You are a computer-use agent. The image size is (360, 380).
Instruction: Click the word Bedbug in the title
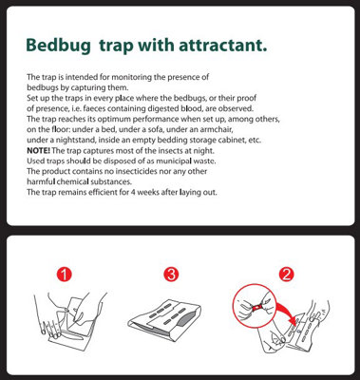(58, 46)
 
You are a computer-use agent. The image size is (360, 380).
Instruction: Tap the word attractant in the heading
(223, 46)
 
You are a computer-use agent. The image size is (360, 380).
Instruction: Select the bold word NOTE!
(38, 150)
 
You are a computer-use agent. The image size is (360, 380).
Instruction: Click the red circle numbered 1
(65, 275)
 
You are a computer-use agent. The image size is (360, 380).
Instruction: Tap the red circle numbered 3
(171, 275)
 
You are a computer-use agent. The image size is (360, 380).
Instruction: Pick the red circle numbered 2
(287, 275)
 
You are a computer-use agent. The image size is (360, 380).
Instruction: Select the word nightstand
(63, 140)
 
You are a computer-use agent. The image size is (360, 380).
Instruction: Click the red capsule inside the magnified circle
(258, 306)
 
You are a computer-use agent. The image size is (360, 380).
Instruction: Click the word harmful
(41, 181)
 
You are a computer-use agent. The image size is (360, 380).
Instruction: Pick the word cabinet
(233, 140)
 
